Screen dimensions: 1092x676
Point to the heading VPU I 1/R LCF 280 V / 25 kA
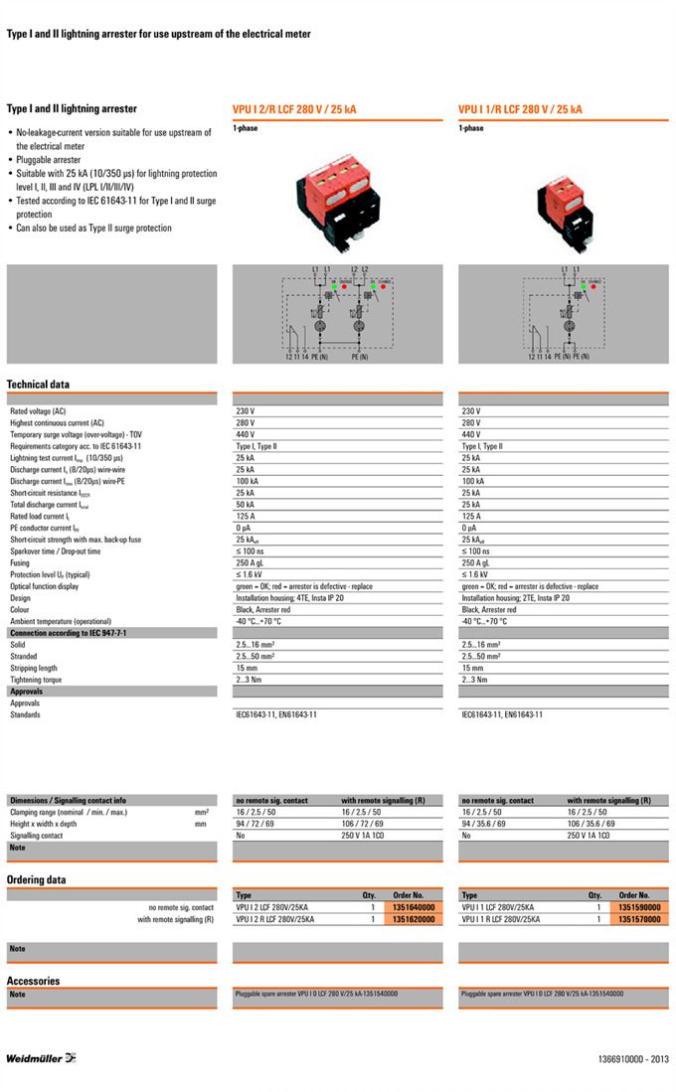520,110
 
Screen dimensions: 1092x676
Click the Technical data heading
38,384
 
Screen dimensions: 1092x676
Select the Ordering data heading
36,879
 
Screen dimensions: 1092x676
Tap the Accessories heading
33,981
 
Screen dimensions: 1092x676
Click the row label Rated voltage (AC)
38,410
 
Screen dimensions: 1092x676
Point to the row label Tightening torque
36,680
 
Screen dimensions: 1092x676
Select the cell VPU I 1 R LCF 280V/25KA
502,920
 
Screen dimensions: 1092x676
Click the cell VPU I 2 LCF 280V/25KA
274,907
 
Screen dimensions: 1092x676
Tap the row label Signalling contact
37,836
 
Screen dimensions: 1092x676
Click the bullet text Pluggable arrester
49,159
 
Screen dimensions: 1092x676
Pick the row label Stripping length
34,668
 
